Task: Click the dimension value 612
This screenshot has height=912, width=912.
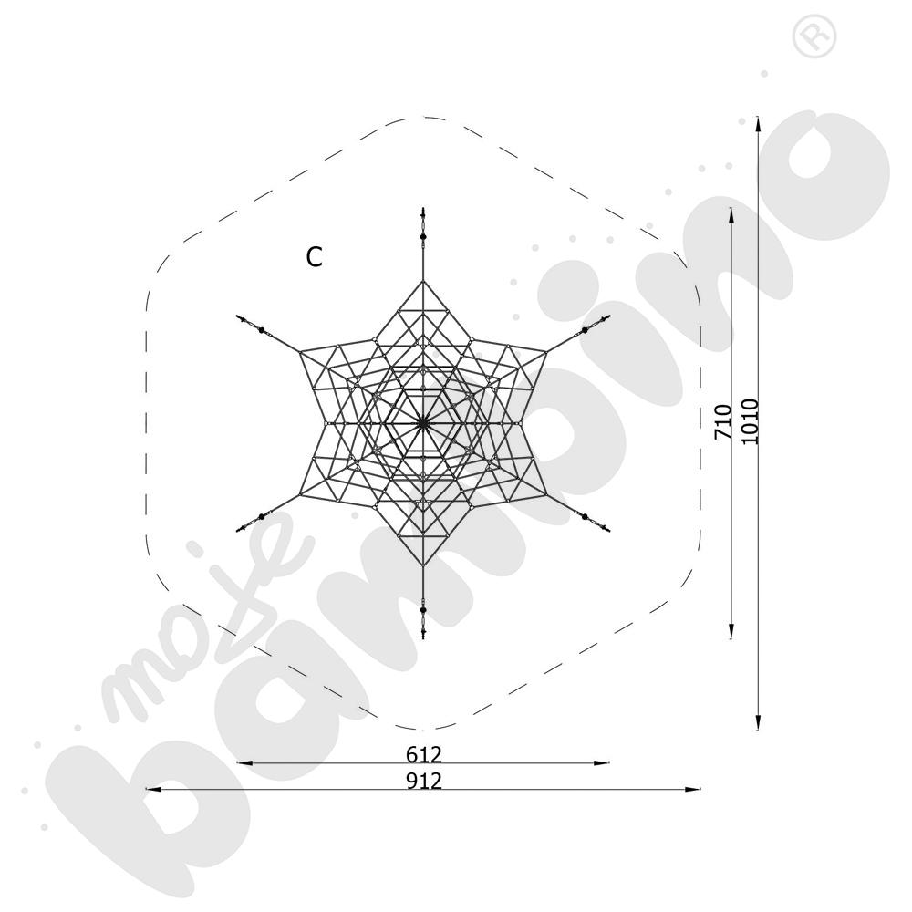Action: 424,754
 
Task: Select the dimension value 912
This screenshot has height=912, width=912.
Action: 424,781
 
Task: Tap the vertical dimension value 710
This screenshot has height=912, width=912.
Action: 723,422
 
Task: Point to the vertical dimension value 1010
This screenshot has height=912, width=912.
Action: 750,421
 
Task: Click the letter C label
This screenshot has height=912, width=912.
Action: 314,257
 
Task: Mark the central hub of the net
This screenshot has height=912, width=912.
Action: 423,423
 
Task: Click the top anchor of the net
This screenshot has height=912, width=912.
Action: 423,224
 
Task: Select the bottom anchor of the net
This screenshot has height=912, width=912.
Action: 423,622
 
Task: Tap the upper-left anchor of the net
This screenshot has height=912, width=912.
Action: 251,324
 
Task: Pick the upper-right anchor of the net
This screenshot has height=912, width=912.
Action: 596,324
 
